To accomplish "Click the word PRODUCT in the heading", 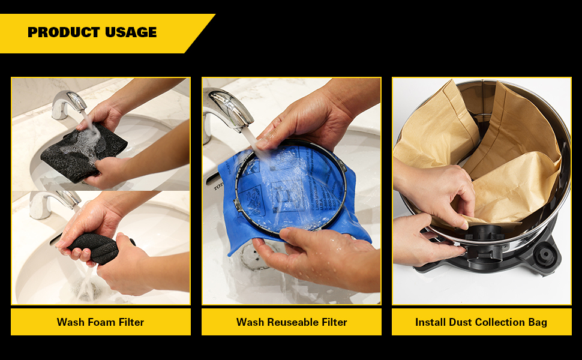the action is pos(64,32).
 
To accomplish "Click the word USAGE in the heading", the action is pos(131,32).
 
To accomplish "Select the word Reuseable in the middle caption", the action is pos(293,322).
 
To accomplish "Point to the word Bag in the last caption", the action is pos(538,323).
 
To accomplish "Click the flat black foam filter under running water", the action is pos(84,152).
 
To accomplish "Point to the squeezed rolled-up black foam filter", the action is pos(99,247).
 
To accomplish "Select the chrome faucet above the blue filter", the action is pos(227,112).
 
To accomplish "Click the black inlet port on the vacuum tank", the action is pos(484,245).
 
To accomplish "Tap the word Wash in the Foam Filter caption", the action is pos(70,322).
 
